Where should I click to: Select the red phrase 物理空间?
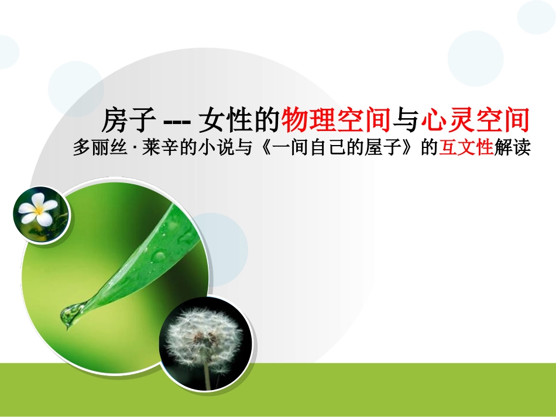pyautogui.click(x=336, y=121)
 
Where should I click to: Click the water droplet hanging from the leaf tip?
pyautogui.click(x=69, y=316)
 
